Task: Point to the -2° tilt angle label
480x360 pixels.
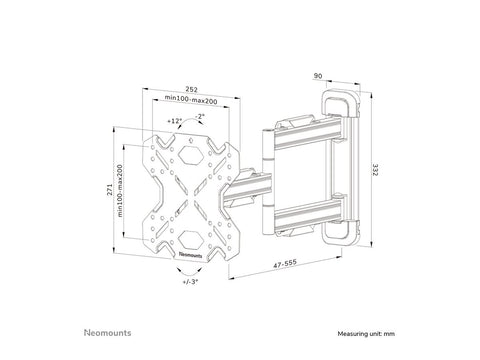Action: tap(203, 116)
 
